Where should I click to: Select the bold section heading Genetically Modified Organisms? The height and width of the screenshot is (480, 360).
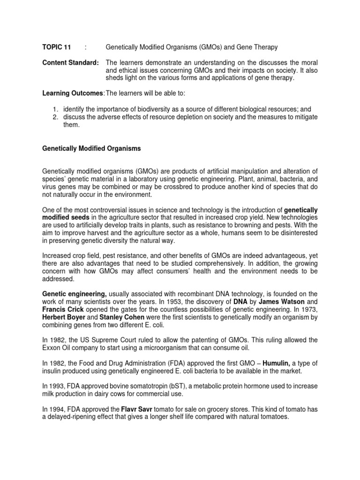pos(91,148)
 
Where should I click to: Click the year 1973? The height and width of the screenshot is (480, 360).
pos(310,308)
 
